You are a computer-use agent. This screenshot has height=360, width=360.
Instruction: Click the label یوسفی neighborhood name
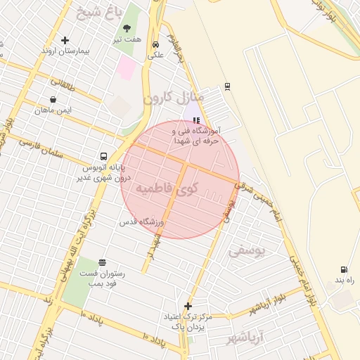point(247,250)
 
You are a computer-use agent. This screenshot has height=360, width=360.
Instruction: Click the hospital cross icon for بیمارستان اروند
point(65,41)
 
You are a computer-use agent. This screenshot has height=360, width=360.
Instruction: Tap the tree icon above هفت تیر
point(127,29)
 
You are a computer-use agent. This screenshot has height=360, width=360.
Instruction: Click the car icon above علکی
point(155,44)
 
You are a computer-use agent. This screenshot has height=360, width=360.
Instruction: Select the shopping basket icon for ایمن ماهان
point(54,99)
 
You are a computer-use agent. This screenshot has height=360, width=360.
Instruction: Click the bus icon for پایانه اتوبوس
point(104,156)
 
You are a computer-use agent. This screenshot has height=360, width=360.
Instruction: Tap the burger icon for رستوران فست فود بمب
point(103,262)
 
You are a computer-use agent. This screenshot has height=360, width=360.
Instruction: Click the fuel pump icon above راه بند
point(343,269)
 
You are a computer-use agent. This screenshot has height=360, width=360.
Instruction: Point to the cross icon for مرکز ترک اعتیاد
point(188,306)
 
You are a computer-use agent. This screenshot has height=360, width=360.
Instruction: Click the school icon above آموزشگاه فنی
point(196,120)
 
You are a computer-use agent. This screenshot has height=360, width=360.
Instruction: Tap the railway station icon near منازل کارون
point(227,86)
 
